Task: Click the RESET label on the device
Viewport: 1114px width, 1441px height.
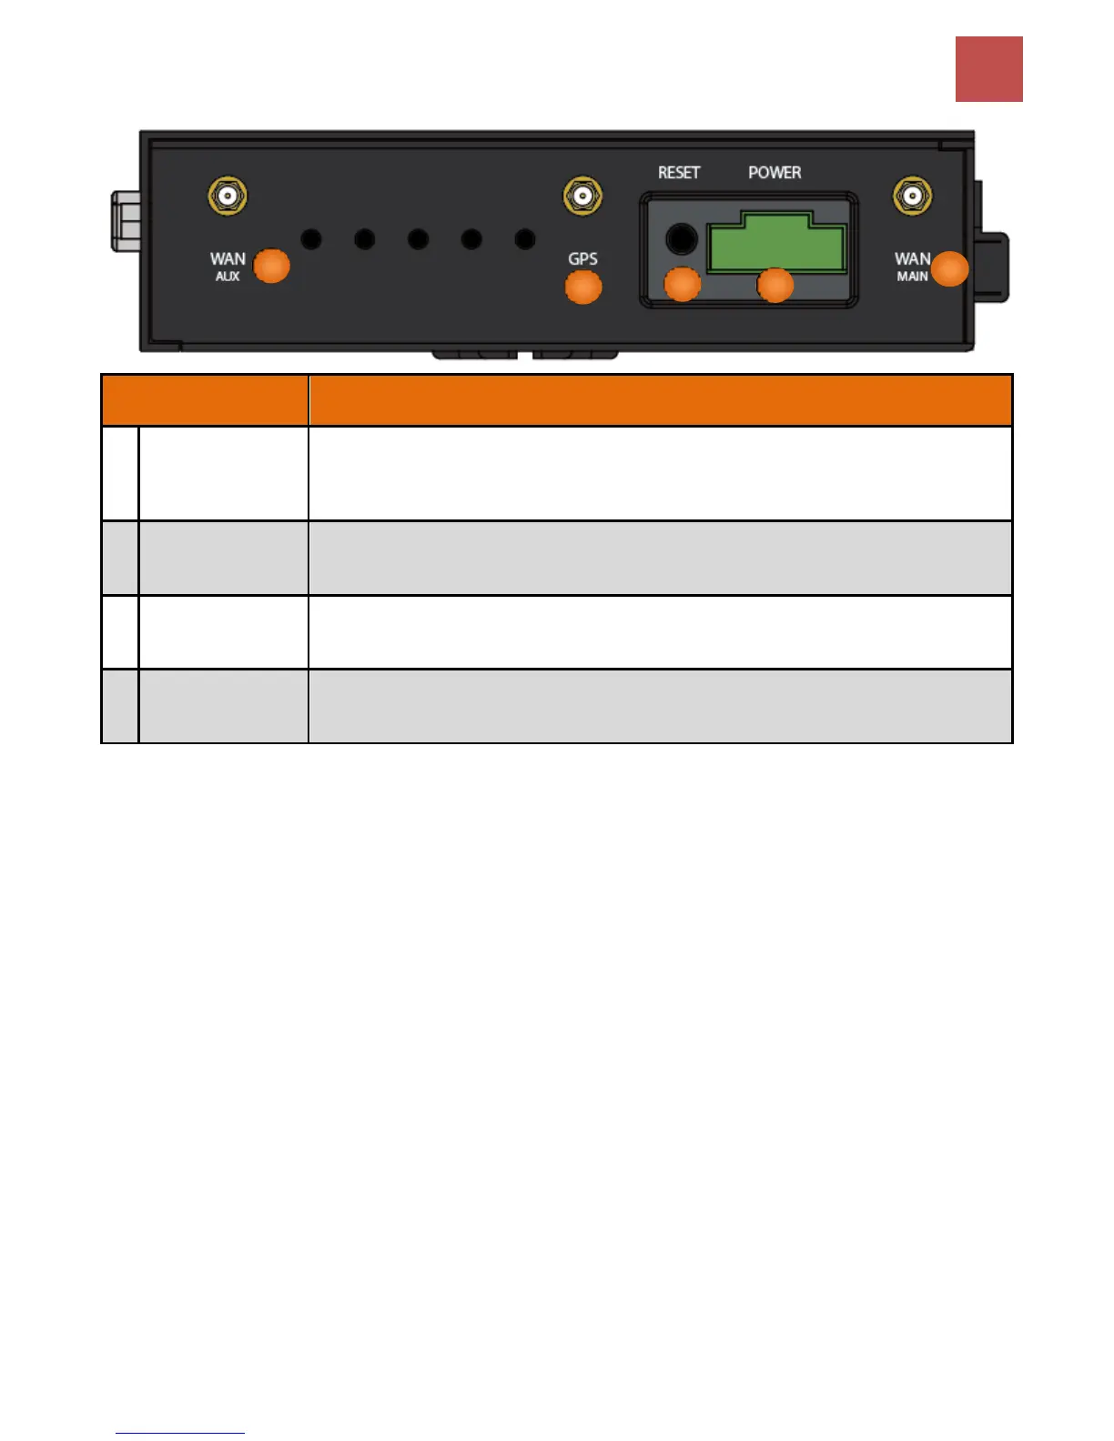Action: point(679,173)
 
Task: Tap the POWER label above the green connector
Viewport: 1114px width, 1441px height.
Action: point(775,173)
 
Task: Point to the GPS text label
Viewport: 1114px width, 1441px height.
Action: point(582,259)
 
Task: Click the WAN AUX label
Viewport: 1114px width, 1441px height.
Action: point(228,267)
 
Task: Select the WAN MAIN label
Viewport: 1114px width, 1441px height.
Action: point(912,267)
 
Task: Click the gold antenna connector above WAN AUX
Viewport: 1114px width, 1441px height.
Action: point(228,196)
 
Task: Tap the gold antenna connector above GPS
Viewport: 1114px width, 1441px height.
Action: point(582,196)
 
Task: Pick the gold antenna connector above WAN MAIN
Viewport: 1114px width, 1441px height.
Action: point(912,196)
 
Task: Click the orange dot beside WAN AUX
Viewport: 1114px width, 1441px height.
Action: point(271,266)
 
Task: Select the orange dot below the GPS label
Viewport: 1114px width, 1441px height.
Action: point(583,287)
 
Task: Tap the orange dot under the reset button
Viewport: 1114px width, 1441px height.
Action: point(683,284)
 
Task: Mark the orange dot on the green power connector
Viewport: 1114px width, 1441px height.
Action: point(775,285)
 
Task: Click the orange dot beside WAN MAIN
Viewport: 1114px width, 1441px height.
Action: point(950,269)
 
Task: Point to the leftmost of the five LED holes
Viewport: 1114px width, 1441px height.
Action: point(311,239)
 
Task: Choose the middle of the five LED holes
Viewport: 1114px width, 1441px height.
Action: point(418,239)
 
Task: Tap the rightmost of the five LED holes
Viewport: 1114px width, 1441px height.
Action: point(525,239)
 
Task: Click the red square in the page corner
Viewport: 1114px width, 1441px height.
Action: point(988,69)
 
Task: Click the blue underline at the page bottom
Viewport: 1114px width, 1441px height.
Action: point(180,1433)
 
